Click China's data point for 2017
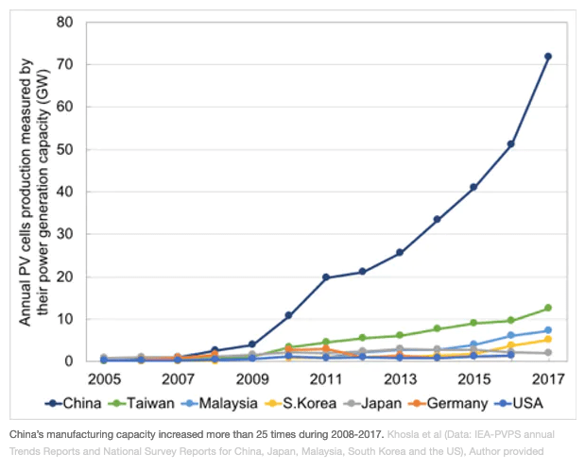pyautogui.click(x=548, y=57)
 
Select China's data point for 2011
pyautogui.click(x=325, y=277)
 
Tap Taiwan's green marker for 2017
pyautogui.click(x=548, y=308)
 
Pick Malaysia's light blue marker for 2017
pyautogui.click(x=548, y=330)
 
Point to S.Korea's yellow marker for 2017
pyautogui.click(x=548, y=339)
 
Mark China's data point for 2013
pyautogui.click(x=400, y=253)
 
